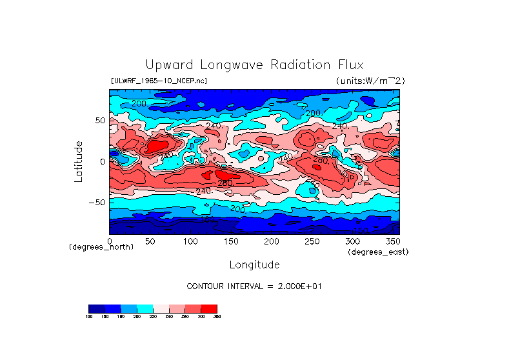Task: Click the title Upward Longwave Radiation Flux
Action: (254, 65)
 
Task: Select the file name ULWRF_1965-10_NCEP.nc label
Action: (159, 81)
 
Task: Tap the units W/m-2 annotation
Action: (370, 81)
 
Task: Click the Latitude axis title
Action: (78, 161)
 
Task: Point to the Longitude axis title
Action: (254, 265)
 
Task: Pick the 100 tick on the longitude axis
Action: (190, 241)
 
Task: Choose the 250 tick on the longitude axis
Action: (312, 241)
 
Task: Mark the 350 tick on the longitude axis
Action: (393, 241)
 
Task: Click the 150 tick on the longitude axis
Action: (231, 241)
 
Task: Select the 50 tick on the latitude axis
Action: (99, 121)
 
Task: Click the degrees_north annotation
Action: (101, 247)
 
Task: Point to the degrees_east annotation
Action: (378, 252)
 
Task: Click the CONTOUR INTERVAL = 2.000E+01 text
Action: (254, 286)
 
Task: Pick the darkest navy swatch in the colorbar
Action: (96, 308)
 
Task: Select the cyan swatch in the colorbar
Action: (145, 308)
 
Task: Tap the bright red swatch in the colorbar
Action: (209, 308)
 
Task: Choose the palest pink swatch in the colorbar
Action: (161, 308)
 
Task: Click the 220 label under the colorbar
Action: (153, 316)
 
